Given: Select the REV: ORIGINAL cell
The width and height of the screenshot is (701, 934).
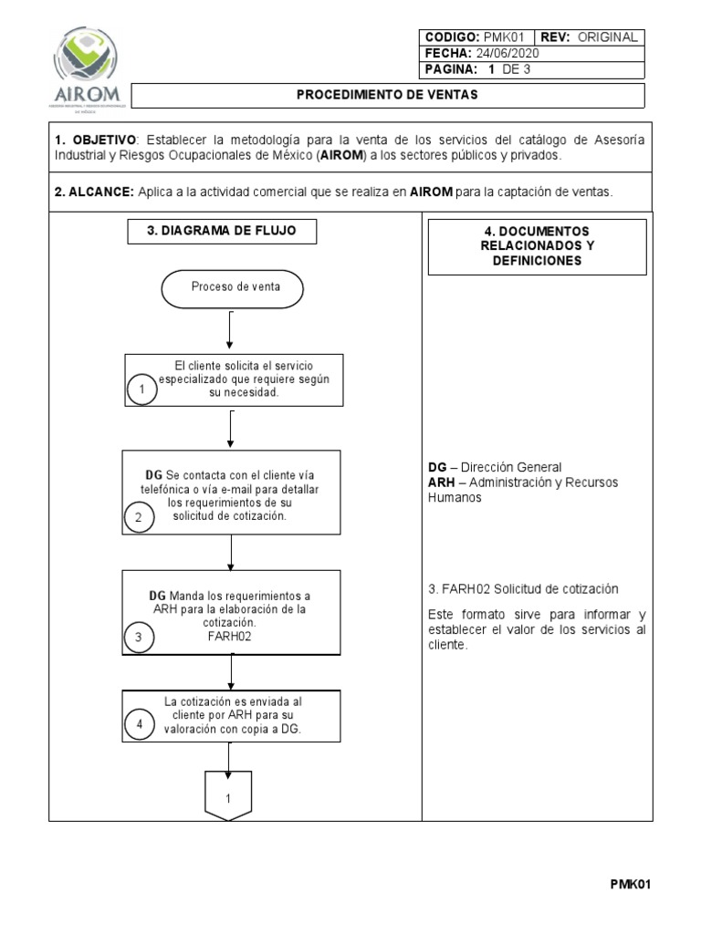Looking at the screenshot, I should [x=589, y=37].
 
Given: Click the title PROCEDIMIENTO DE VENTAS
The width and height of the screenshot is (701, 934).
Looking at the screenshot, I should [x=388, y=95].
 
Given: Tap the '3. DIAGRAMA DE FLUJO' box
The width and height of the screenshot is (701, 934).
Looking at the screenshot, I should [x=221, y=232].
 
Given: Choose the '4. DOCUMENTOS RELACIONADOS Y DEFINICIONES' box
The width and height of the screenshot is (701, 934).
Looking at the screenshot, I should [x=537, y=246].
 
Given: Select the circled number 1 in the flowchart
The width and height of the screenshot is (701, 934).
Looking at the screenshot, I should [x=142, y=389].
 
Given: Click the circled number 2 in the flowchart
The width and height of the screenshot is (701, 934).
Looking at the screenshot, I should [x=139, y=518].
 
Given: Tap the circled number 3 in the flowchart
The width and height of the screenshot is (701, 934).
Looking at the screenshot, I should [x=139, y=638].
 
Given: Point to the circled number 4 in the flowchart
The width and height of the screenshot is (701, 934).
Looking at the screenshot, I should [x=140, y=725].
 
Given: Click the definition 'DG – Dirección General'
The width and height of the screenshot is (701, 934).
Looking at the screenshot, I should [x=495, y=467].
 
